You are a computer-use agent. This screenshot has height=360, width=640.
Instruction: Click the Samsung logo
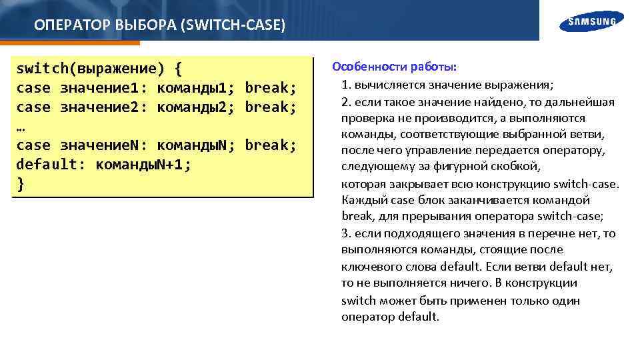click(592, 21)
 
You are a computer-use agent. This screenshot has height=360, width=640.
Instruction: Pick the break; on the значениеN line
click(270, 145)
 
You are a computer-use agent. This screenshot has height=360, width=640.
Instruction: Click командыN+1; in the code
click(143, 165)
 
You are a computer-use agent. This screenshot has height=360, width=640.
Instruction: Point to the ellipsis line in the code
click(21, 127)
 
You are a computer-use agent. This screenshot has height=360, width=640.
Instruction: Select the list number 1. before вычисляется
click(346, 85)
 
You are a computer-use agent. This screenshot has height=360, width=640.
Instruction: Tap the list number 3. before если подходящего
click(346, 233)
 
